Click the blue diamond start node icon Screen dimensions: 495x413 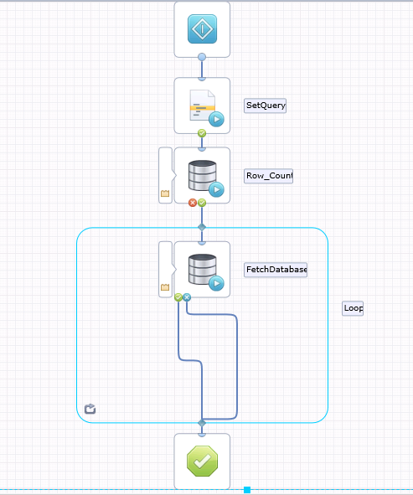pos(202,29)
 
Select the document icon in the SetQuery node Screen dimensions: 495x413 pos(199,104)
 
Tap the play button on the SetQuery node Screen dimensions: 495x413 pos(216,120)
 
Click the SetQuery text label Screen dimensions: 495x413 pos(265,106)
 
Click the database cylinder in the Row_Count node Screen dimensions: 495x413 pos(201,173)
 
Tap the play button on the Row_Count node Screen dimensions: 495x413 pos(216,190)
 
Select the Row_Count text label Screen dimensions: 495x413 pos(268,176)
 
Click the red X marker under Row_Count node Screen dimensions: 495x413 pos(193,203)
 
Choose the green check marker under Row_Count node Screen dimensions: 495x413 pos(202,203)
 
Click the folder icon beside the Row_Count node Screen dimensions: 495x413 pos(165,194)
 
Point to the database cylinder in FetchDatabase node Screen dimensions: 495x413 pos(201,267)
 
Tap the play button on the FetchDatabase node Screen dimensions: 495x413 pos(216,284)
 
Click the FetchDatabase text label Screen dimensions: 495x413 pos(276,270)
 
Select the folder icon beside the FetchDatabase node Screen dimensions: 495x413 pos(165,288)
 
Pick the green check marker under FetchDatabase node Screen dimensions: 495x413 pos(178,297)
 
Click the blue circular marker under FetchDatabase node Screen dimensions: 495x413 pos(187,297)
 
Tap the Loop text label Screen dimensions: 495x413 pos(353,307)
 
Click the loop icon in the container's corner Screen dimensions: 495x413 pos(90,409)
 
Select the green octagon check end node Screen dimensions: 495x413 pos(202,461)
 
